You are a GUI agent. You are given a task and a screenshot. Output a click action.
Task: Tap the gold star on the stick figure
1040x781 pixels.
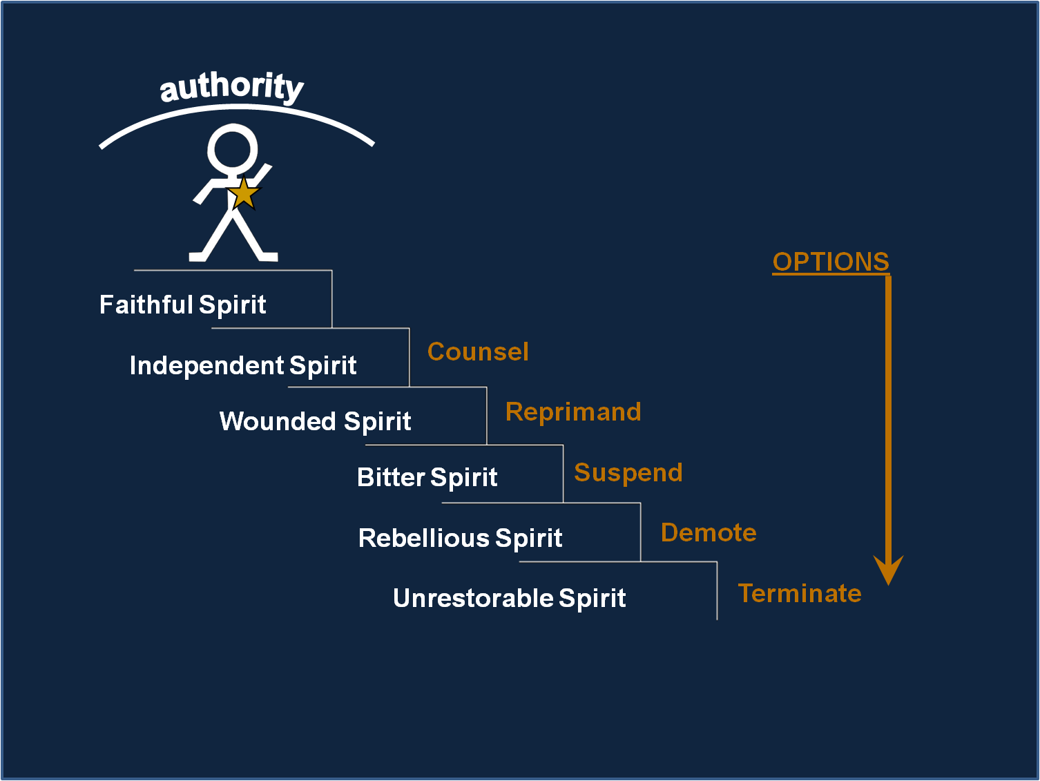pos(244,193)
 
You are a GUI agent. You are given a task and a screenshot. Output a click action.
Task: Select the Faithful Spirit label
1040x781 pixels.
pos(182,305)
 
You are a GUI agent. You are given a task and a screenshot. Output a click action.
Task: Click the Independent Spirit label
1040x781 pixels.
pos(243,365)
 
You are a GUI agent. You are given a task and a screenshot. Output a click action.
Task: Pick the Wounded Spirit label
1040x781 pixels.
pos(315,421)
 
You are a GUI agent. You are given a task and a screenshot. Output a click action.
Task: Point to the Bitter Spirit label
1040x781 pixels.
pos(427,477)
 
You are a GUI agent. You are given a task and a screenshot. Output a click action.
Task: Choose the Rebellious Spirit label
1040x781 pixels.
pos(460,538)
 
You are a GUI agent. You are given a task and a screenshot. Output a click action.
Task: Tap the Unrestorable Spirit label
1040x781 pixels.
pos(510,598)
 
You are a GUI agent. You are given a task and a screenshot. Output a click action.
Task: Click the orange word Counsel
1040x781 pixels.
pos(478,352)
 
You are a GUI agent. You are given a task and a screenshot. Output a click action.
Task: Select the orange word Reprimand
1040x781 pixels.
pos(573,412)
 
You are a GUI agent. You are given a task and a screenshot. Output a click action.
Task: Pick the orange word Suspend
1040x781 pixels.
pos(628,472)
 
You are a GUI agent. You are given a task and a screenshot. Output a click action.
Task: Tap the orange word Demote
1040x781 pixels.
pos(709,533)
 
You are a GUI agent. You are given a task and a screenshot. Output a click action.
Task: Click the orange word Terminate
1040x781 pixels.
pos(800,593)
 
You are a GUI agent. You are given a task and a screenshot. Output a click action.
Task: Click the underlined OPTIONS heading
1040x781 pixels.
pos(831,262)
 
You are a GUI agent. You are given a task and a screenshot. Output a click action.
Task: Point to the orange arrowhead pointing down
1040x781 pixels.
pos(888,570)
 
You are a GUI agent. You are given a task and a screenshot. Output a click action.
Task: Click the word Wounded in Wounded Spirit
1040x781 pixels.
pos(278,421)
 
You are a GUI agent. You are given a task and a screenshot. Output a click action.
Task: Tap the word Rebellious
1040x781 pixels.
pos(423,538)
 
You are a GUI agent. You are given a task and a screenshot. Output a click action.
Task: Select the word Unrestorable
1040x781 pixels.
pos(473,598)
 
